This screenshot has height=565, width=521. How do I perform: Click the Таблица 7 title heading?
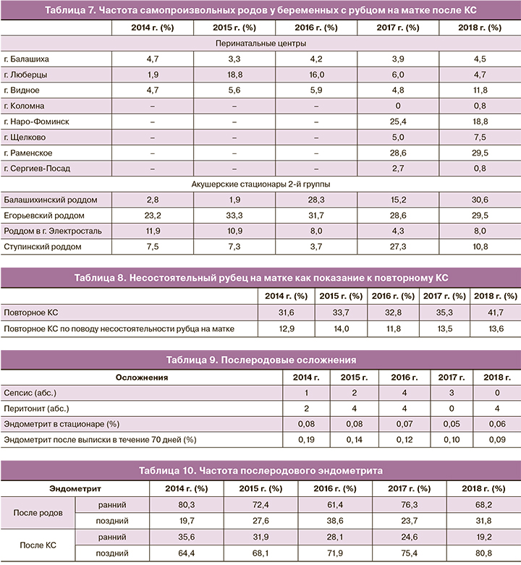pos(260,10)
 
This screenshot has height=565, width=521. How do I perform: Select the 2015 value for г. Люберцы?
pos(234,75)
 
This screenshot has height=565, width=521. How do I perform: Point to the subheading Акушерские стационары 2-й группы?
pos(260,184)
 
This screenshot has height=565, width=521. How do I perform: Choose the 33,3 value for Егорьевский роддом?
pos(234,216)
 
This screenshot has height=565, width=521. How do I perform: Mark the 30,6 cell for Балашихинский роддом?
pos(480,200)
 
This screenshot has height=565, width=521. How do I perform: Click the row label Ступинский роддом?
pos(42,247)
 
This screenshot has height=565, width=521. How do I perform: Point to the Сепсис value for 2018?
pos(497,393)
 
